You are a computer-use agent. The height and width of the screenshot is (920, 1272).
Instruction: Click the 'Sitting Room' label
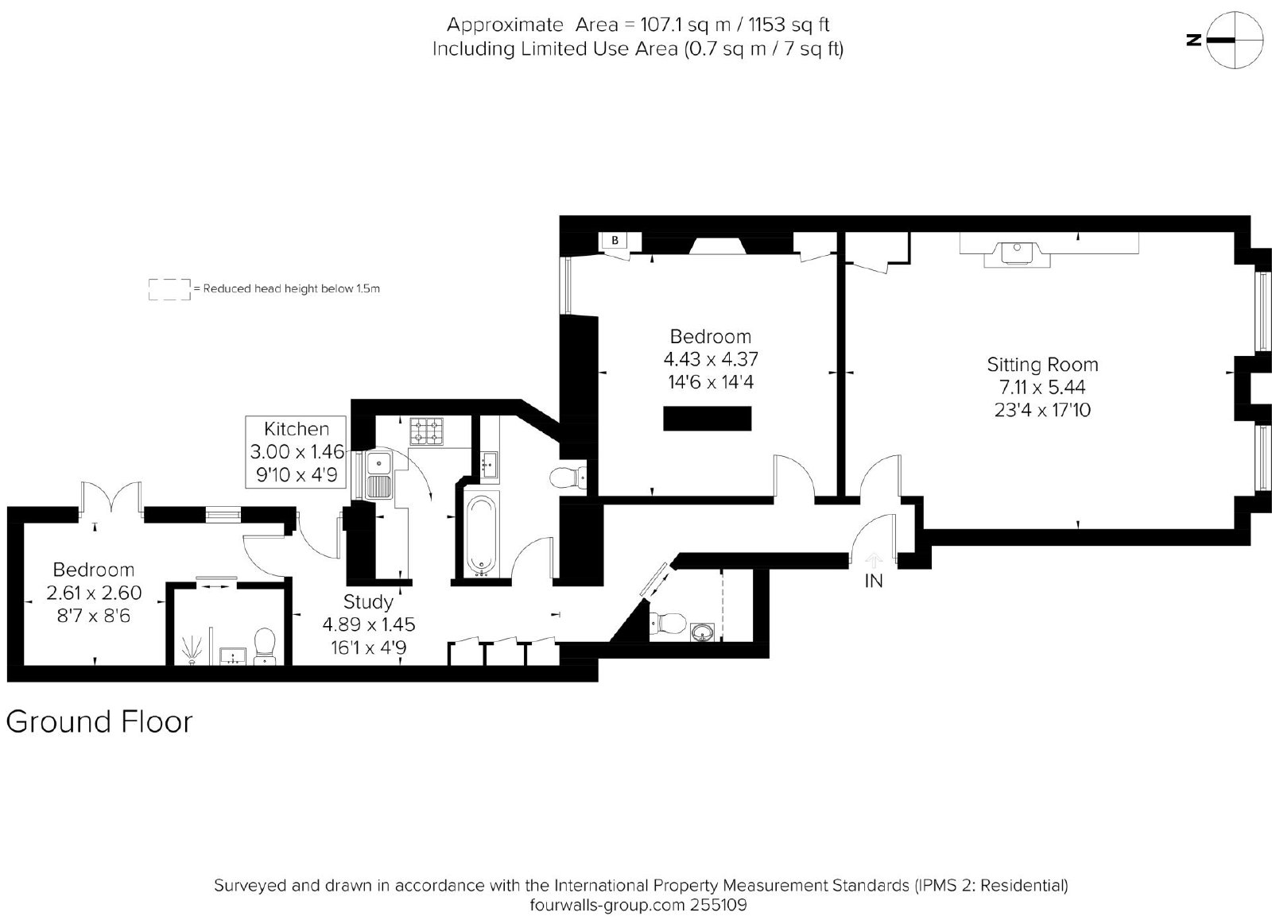coord(1042,365)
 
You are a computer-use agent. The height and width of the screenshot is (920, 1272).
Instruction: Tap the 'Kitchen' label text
coord(297,428)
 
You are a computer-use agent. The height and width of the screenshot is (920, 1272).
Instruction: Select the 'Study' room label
coord(368,601)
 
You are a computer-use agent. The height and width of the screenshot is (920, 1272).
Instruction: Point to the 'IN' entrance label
coord(874,582)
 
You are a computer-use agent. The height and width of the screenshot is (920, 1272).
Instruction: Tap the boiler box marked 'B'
coord(615,241)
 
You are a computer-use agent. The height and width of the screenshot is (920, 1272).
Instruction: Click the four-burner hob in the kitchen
coord(426,431)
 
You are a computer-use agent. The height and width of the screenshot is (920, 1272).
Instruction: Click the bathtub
coord(482,535)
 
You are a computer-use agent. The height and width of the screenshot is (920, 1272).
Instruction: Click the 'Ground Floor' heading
coord(99,722)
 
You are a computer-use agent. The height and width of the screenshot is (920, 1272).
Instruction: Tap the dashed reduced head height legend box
coord(169,289)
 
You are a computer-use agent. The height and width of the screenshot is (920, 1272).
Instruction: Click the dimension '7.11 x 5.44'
coord(1042,387)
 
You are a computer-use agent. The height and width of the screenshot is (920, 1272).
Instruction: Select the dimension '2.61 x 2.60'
coord(94,593)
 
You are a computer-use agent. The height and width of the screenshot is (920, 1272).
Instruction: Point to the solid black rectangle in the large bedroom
coord(707,418)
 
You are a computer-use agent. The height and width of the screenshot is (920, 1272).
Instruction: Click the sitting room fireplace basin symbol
coord(1017,253)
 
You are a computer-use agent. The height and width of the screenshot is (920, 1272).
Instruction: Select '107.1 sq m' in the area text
coord(684,25)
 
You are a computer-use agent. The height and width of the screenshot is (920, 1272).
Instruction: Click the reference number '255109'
coord(719,904)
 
